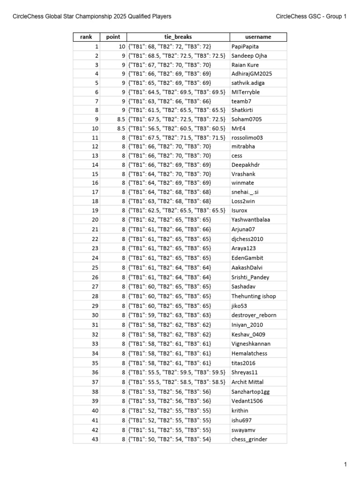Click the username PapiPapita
[245, 47]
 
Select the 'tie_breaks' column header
[178, 37]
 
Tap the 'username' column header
[258, 37]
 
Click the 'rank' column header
[86, 37]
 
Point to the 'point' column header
[113, 37]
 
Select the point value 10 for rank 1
[121, 47]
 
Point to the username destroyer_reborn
[254, 315]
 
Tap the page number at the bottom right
[345, 465]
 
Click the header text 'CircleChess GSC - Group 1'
[311, 16]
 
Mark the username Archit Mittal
[248, 382]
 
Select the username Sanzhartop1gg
[251, 391]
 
